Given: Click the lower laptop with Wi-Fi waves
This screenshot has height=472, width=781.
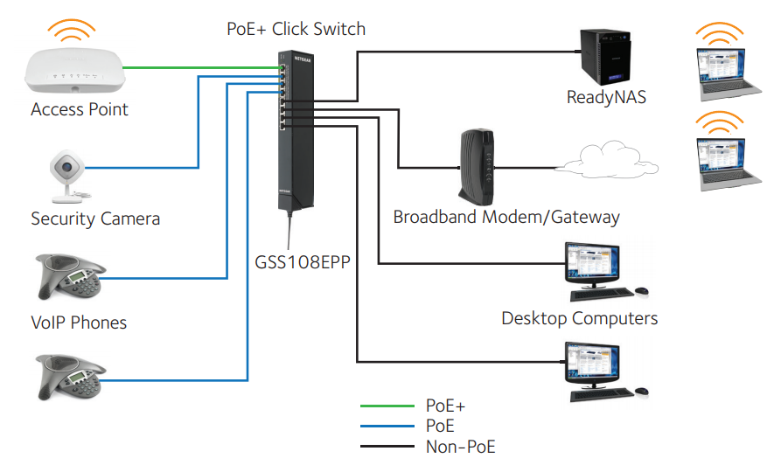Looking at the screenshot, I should pos(727,158).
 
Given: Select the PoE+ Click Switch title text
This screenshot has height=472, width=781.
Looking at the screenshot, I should pos(296,29).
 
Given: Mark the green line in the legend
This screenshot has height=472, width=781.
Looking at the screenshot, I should pos(387,406).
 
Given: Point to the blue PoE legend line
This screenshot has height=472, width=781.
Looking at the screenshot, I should pos(387,426).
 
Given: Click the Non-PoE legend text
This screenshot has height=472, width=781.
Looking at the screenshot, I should pos(460,447).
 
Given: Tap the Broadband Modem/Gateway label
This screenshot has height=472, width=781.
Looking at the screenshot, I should pos(506,217).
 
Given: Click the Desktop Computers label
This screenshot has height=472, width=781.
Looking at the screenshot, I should pos(579,318).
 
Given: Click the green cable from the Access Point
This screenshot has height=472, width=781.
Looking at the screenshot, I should pos(201,67).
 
